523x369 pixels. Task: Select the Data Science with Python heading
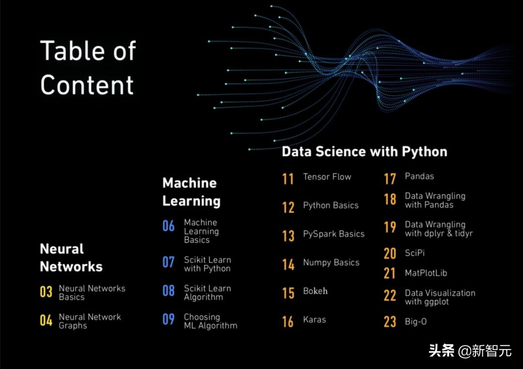coord(365,152)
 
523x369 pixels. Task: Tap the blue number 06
coord(169,226)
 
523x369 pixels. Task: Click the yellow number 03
coord(46,292)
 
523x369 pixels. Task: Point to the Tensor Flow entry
coord(327,176)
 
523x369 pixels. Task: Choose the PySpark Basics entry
coord(334,234)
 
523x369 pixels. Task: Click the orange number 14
coord(288,264)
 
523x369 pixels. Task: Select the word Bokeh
coord(315,291)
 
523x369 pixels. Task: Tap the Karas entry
coord(314,320)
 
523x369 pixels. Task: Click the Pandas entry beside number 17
coord(419,176)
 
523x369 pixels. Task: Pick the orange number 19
coord(390,227)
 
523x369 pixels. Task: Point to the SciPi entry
coord(415,253)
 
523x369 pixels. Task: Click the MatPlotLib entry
coord(426,273)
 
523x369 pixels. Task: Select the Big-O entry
coord(415,322)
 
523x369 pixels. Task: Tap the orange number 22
coord(390,295)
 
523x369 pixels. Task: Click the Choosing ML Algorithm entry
coord(211,321)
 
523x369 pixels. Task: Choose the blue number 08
coord(169,291)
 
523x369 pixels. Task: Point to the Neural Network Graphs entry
coord(90,321)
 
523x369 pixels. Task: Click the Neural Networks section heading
coord(71,258)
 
